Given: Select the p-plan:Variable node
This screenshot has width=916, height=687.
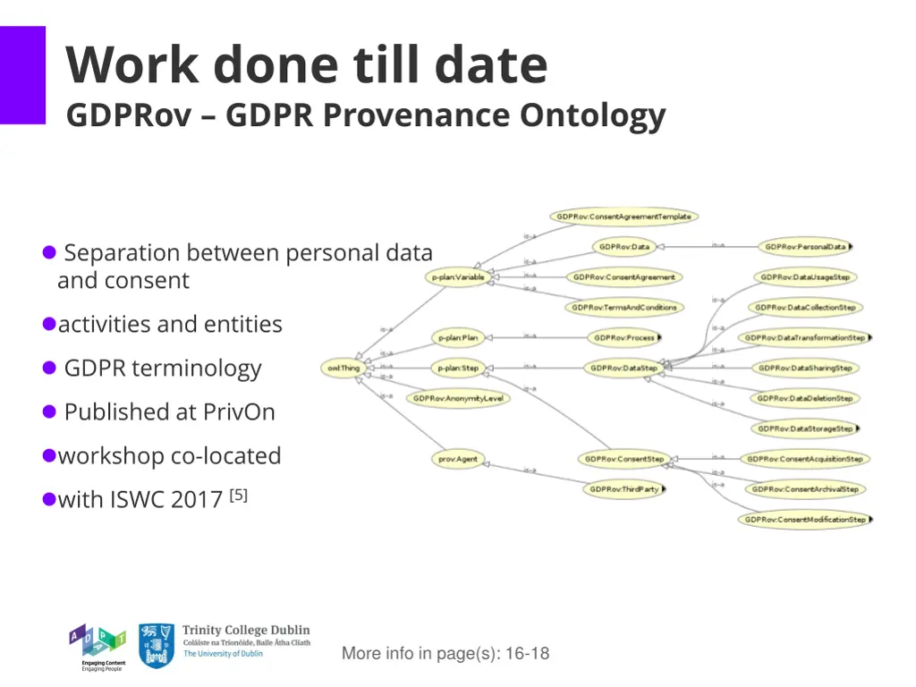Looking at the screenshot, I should [458, 277].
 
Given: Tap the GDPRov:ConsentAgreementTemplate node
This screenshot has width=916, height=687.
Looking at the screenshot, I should [623, 216].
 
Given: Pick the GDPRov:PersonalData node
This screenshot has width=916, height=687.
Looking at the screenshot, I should [805, 247].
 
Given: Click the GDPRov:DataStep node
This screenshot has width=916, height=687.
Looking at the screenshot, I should [624, 368].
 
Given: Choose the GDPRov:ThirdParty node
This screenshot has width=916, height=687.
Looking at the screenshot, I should [625, 489].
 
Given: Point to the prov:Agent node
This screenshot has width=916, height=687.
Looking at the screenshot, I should [458, 460].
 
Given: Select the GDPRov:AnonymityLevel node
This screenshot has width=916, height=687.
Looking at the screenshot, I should [458, 398].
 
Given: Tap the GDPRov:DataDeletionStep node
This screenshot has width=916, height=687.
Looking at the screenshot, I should [805, 398].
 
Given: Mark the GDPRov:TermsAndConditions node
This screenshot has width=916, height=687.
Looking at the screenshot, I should [624, 307].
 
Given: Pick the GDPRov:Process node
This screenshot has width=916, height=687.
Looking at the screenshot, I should [624, 338].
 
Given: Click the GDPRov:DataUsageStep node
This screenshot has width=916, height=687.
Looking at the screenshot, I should [805, 277].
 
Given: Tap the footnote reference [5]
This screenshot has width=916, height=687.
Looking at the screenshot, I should [238, 495].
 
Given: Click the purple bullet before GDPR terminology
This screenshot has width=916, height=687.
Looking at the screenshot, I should [50, 368].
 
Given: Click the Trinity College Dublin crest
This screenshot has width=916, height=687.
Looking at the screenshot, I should [156, 646].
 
